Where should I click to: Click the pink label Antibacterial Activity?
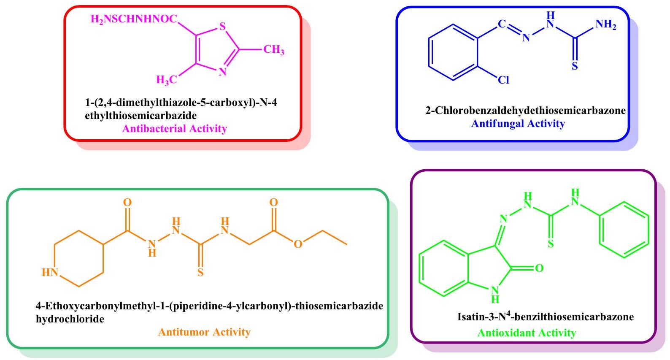click(x=174, y=129)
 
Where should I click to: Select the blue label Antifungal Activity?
click(x=518, y=124)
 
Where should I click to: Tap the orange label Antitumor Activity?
click(x=204, y=332)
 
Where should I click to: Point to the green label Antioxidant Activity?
click(x=527, y=333)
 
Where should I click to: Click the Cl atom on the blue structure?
click(x=504, y=80)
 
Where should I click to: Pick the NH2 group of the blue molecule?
click(x=606, y=25)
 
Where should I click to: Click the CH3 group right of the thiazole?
click(x=273, y=50)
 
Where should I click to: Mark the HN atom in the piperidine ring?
click(x=50, y=273)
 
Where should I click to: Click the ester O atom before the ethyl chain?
click(x=298, y=244)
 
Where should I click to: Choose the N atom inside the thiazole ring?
click(x=222, y=72)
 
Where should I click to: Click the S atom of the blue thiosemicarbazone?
click(x=575, y=66)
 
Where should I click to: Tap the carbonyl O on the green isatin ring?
click(x=539, y=268)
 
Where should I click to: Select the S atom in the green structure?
click(x=551, y=244)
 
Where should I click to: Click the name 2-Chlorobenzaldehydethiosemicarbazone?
click(x=525, y=111)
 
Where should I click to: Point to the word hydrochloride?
click(x=70, y=319)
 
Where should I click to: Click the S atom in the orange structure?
click(x=200, y=272)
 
